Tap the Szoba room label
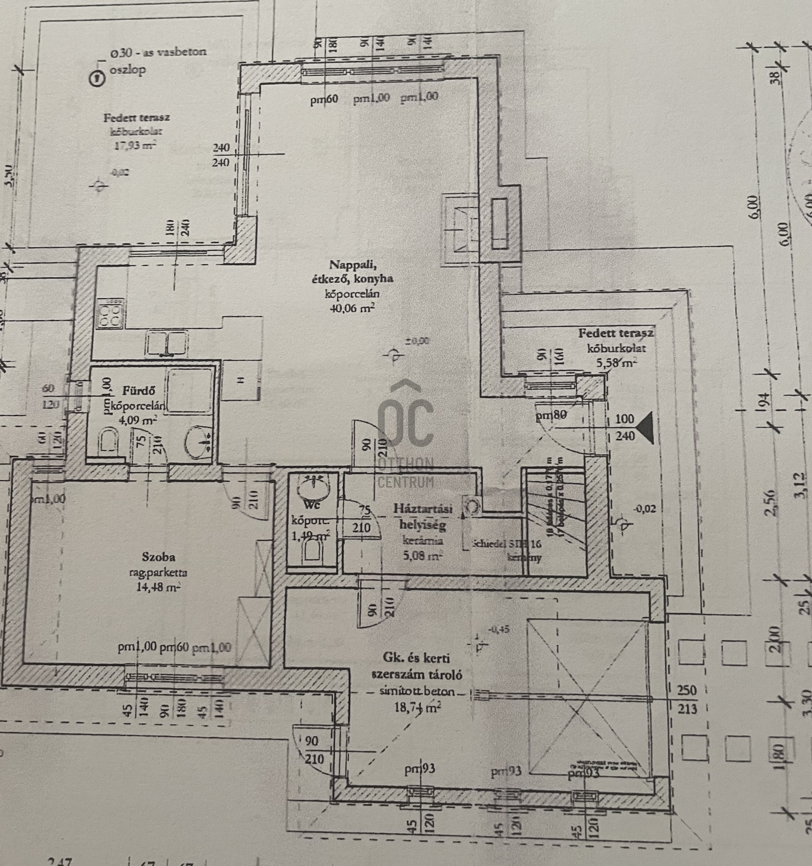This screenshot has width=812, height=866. (x=158, y=557)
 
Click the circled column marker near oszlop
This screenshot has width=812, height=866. (x=97, y=79)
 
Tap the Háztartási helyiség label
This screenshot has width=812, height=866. (x=422, y=516)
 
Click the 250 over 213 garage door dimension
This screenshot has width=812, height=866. (x=687, y=700)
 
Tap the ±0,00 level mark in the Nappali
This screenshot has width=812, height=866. (x=417, y=341)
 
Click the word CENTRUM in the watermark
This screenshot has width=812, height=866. (x=405, y=482)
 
